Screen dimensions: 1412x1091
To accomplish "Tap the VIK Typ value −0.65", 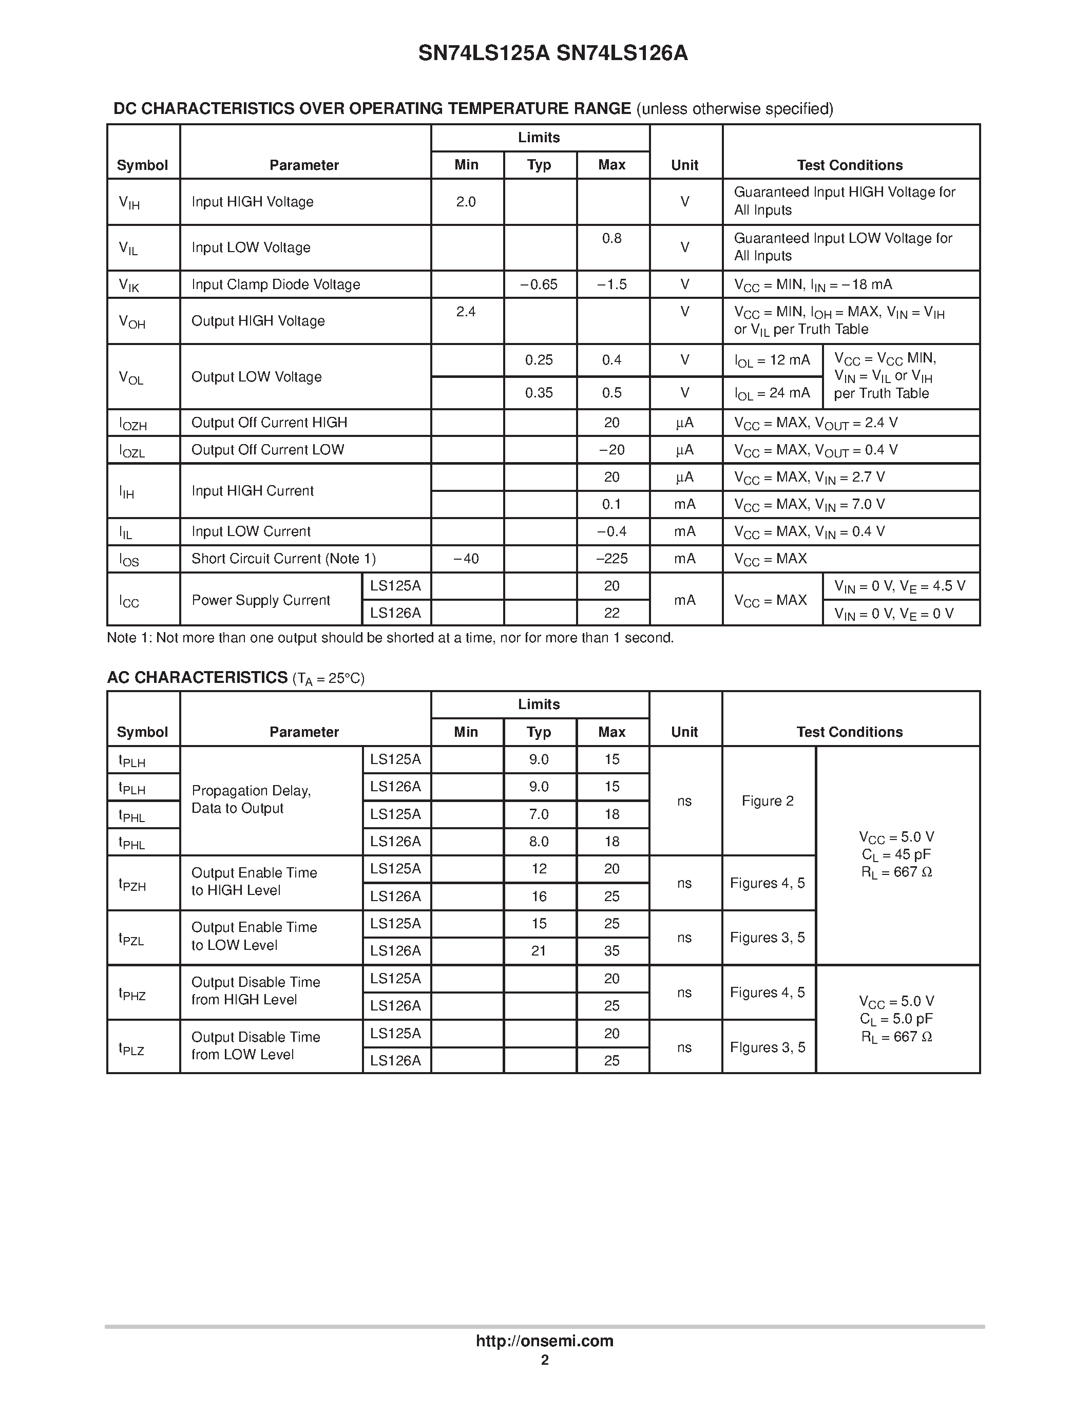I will [x=539, y=284].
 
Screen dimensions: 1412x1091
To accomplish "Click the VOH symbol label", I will [x=132, y=321].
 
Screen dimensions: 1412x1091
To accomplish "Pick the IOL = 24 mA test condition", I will [x=772, y=393].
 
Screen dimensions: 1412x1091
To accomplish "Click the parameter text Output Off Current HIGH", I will [x=269, y=422].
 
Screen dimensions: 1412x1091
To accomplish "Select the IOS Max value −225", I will [x=611, y=559].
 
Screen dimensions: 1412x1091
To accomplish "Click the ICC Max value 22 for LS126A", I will [x=611, y=613].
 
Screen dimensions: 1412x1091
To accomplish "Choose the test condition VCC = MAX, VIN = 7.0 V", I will [x=809, y=504].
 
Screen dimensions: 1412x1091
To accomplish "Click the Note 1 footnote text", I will [x=390, y=638].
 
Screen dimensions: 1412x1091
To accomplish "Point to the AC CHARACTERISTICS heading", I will [x=197, y=678].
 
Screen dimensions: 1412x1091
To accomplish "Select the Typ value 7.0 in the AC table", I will [x=539, y=814].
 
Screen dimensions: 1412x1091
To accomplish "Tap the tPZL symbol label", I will [x=131, y=939].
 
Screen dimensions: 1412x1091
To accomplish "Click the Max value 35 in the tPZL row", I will [x=611, y=951].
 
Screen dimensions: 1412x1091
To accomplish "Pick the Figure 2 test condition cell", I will [x=767, y=801].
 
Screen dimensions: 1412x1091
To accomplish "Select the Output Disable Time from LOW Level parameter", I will [x=255, y=1045].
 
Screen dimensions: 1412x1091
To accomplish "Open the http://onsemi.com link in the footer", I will [x=544, y=1341].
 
